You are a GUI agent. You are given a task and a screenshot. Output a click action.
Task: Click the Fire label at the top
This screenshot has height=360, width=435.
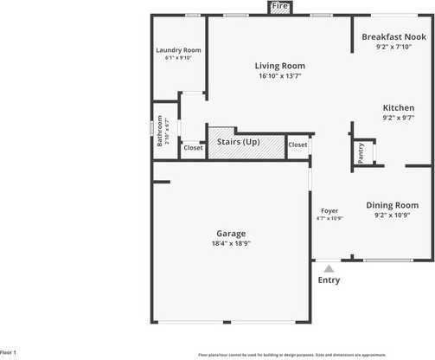[x=279, y=7]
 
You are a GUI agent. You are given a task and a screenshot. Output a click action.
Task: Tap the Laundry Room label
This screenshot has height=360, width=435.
[x=178, y=50]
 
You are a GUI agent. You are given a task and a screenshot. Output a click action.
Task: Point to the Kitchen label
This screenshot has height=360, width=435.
[x=399, y=107]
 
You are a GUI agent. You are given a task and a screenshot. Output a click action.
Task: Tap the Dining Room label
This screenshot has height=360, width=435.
[x=393, y=205]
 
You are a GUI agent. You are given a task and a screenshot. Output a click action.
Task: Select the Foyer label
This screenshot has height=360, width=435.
[x=329, y=210]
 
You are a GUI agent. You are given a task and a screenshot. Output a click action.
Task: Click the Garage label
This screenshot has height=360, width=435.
[x=231, y=233]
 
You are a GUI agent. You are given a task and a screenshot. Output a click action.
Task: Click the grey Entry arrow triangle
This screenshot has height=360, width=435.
[x=329, y=269]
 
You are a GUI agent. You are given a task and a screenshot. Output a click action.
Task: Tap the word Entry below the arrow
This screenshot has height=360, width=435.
[x=329, y=280]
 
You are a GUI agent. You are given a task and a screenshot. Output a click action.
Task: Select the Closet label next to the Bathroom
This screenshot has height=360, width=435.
[x=193, y=148]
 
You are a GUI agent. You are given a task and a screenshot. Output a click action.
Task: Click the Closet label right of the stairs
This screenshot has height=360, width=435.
[x=297, y=145]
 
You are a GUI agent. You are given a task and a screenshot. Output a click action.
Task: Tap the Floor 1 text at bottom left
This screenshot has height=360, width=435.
[x=9, y=353]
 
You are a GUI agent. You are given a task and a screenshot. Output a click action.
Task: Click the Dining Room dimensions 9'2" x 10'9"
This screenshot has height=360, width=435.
[x=393, y=215]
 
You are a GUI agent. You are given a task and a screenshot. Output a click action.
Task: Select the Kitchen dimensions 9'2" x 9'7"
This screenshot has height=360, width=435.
[x=399, y=118]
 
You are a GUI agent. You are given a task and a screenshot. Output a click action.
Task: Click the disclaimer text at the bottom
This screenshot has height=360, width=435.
[x=317, y=355]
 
